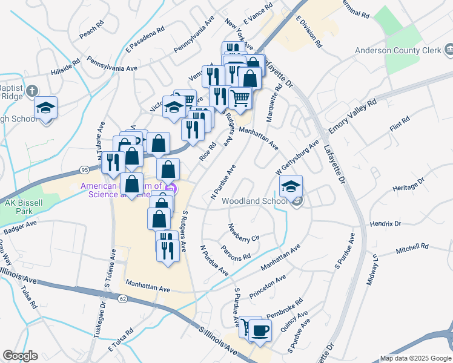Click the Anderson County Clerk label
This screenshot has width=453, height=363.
click(x=397, y=51)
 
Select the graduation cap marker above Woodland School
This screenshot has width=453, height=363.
click(x=291, y=186)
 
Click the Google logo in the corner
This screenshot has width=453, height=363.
click(x=20, y=356)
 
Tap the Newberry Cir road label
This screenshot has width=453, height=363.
click(x=243, y=233)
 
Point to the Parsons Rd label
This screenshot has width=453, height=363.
click(x=236, y=253)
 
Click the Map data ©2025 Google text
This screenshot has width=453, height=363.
click(x=414, y=358)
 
